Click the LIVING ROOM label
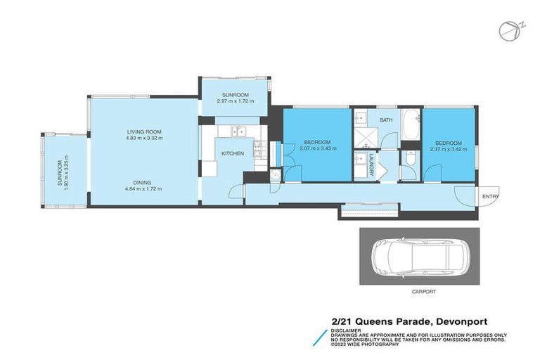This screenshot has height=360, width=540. pyautogui.click(x=145, y=131)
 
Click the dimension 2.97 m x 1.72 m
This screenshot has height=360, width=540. pyautogui.click(x=235, y=101)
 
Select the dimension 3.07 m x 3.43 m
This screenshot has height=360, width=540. pyautogui.click(x=318, y=148)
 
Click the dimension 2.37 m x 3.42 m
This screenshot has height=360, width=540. pyautogui.click(x=448, y=148)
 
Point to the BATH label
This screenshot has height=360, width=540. pyautogui.click(x=386, y=120)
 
